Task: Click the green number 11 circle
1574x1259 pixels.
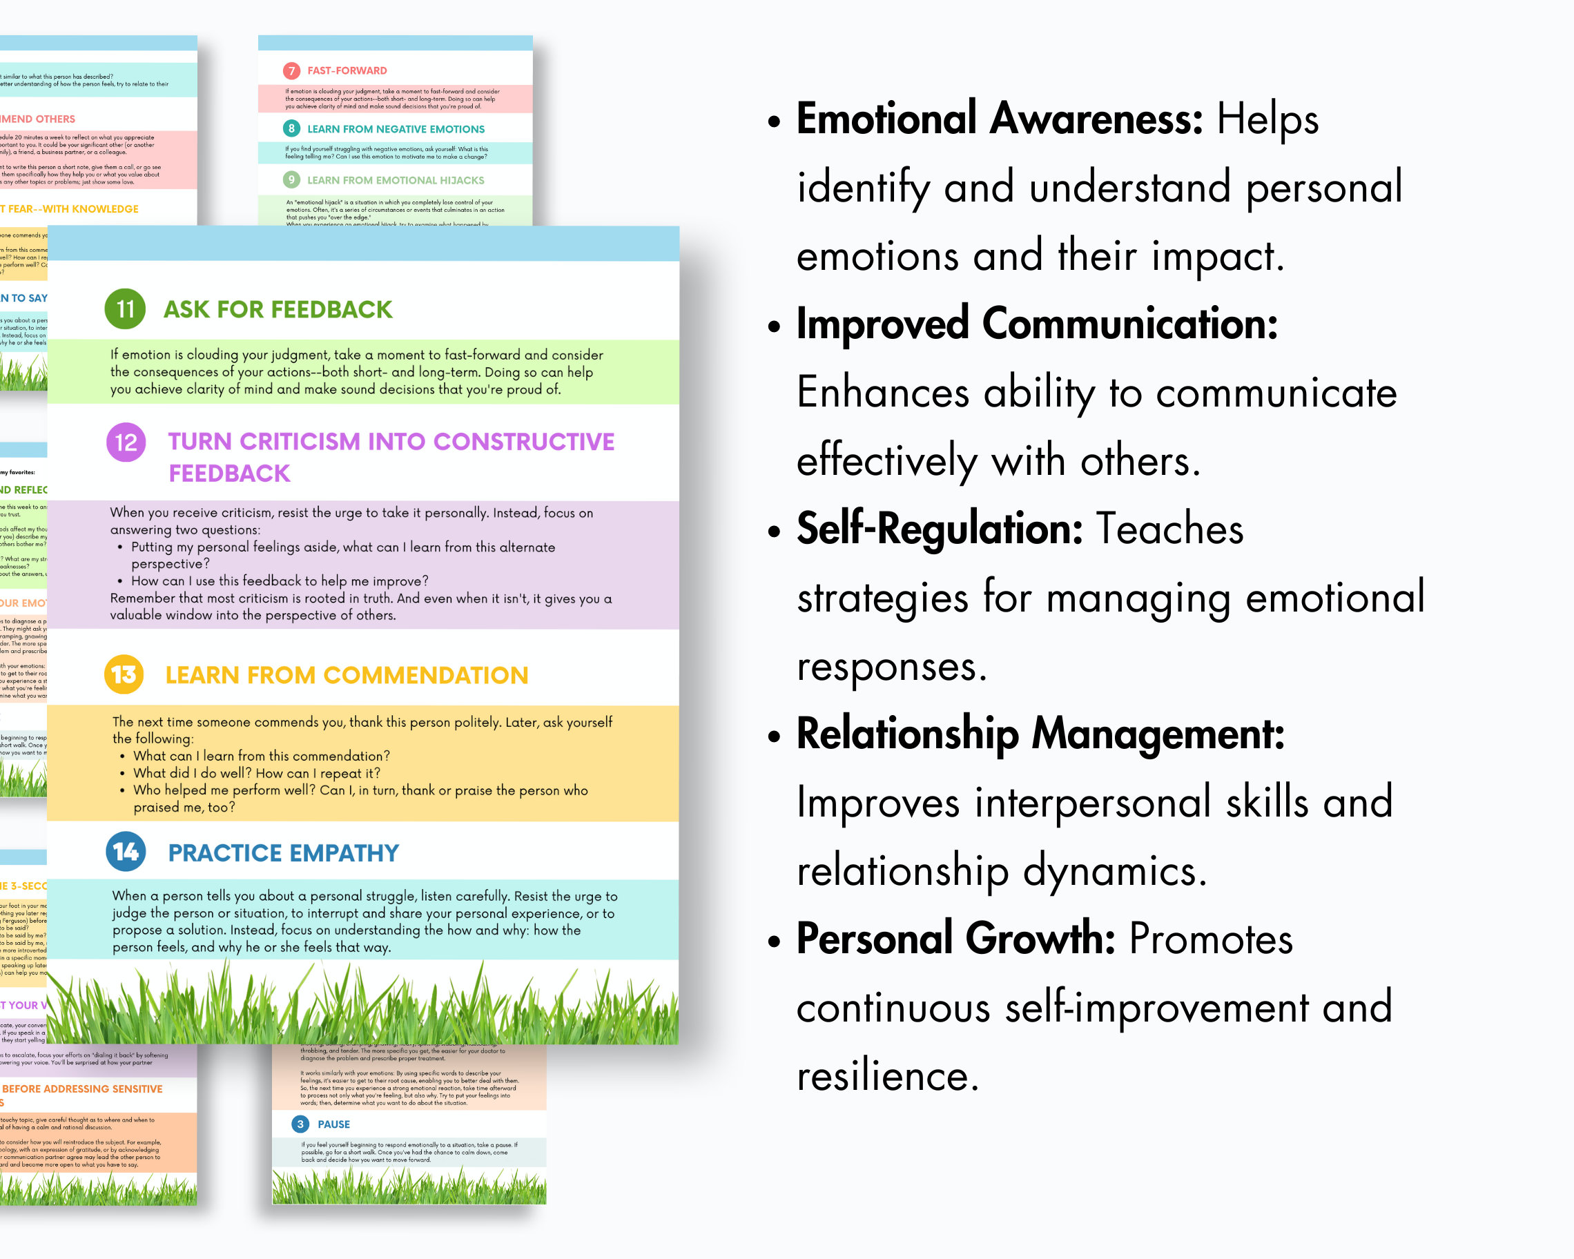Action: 125,309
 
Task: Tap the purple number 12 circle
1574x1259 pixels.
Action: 126,442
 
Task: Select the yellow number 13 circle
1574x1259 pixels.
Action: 124,674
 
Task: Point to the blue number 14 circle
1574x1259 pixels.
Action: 126,852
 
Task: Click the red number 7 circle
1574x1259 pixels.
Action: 291,71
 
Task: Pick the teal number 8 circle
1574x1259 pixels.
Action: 291,128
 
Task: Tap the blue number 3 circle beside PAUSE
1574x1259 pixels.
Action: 300,1124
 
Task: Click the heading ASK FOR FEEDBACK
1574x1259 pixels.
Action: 278,309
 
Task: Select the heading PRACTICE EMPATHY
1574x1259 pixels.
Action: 283,852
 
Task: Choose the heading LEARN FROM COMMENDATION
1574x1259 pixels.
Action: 347,675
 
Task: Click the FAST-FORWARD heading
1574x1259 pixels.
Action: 347,71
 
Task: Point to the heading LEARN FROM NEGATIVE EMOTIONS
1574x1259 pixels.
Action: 396,129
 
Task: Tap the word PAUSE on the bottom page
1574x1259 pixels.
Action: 333,1124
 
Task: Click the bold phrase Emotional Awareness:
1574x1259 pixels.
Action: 999,118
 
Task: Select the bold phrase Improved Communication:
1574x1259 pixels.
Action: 1037,323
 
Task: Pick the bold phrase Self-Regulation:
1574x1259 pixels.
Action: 939,529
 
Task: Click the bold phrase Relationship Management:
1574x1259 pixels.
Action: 1040,734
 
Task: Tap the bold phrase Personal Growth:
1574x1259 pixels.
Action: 955,939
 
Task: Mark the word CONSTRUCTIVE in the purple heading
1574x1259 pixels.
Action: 523,442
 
